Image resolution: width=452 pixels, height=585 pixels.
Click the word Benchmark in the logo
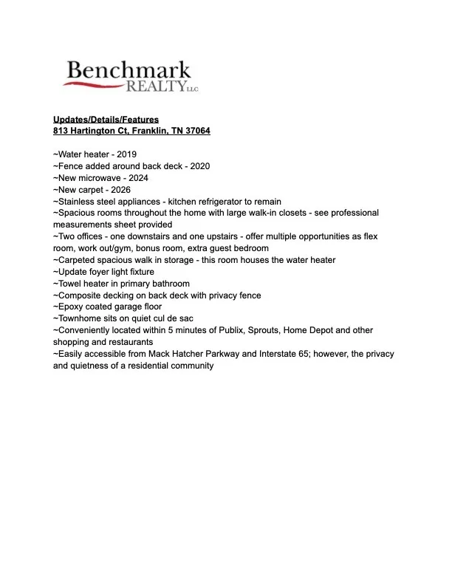pyautogui.click(x=129, y=71)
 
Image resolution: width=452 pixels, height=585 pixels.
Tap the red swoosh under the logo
pyautogui.click(x=96, y=83)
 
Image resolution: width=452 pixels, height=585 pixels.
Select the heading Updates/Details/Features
pyautogui.click(x=106, y=120)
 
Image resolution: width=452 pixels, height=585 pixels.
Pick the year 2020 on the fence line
pyautogui.click(x=199, y=166)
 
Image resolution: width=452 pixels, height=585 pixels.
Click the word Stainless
pyautogui.click(x=75, y=202)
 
